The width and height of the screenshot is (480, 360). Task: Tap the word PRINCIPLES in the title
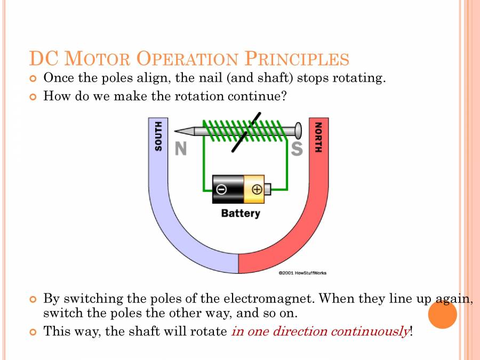[297, 59]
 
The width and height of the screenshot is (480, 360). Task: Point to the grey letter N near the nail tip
[181, 149]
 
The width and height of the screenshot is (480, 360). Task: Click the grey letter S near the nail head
[297, 149]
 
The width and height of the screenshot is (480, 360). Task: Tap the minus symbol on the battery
[221, 189]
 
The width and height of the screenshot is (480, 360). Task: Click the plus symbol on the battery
[257, 189]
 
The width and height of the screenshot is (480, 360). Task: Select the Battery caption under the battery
[241, 213]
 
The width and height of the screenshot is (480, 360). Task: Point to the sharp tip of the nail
[177, 131]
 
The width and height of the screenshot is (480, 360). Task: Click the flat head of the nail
[298, 130]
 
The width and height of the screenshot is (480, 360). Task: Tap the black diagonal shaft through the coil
[246, 132]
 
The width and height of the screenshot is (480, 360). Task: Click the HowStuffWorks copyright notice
[302, 273]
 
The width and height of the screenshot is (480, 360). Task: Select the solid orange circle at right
[442, 314]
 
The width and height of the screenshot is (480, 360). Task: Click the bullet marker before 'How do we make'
[33, 97]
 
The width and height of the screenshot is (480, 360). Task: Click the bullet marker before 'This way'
[33, 332]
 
